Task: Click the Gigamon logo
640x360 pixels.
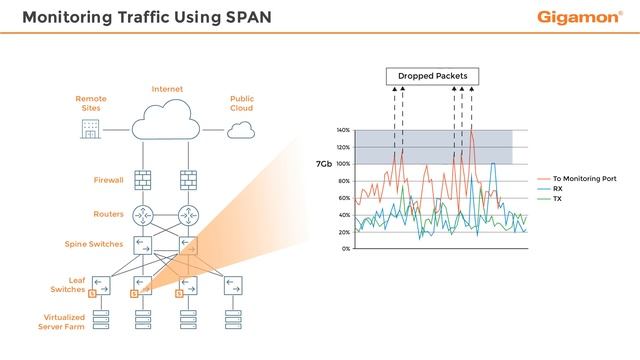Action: [580, 17]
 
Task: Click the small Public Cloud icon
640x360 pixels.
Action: [241, 129]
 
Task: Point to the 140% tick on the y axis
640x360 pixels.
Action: [343, 130]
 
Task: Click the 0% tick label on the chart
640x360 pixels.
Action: [345, 248]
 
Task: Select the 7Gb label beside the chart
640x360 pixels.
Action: [323, 164]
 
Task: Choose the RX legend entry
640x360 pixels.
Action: [557, 188]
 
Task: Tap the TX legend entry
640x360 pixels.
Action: [557, 199]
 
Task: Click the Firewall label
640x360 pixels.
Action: [108, 180]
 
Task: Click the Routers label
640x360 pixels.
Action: [108, 214]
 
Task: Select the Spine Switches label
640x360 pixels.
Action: [94, 244]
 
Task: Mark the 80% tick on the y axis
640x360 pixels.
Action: [343, 181]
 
